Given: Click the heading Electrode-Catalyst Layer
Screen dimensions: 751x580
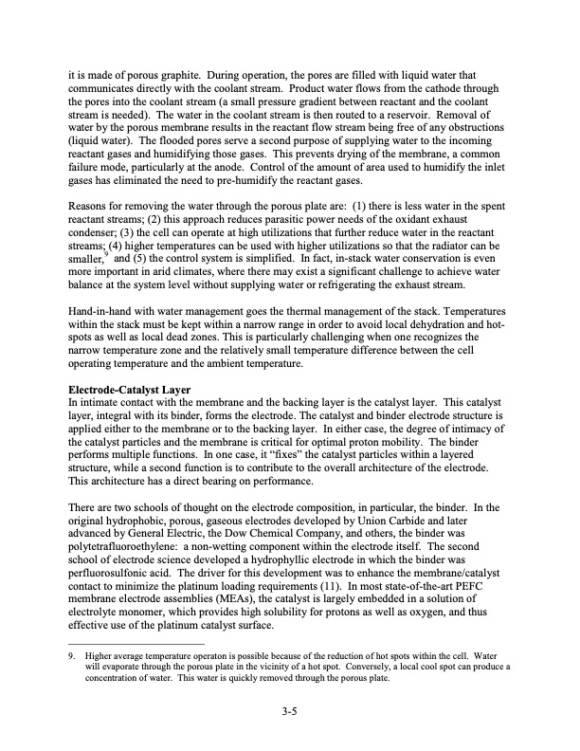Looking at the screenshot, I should (131, 390).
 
